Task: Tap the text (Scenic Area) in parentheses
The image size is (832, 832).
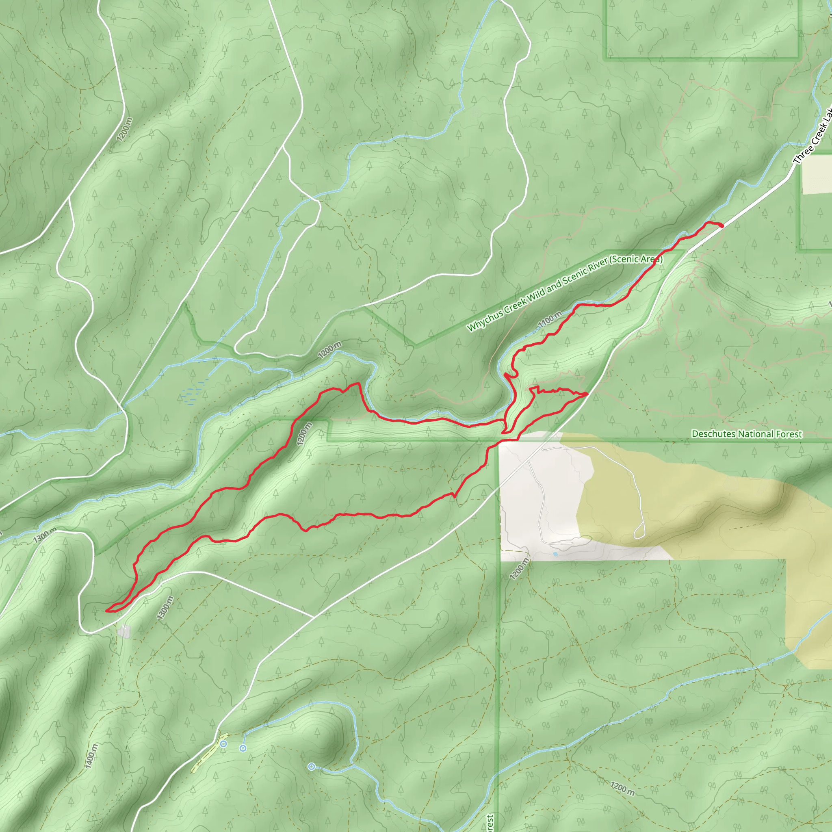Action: [x=636, y=260]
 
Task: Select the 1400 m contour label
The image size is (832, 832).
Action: [x=91, y=756]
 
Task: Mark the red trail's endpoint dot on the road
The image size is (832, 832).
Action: [x=722, y=225]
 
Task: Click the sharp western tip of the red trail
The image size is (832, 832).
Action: [x=106, y=610]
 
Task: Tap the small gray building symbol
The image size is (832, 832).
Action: [x=124, y=632]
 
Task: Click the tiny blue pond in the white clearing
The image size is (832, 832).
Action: [x=555, y=554]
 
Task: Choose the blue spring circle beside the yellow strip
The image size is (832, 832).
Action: [x=223, y=744]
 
